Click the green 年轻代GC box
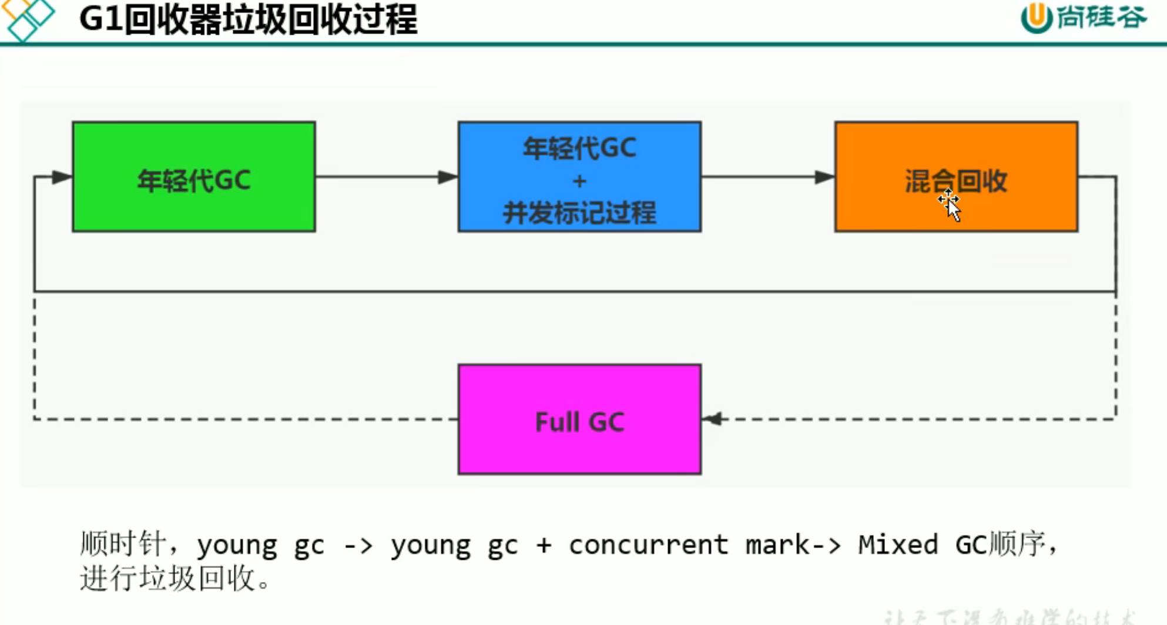(194, 177)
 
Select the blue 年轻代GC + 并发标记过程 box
(579, 177)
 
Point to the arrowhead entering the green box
(61, 177)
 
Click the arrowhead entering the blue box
(447, 177)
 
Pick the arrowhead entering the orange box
(824, 177)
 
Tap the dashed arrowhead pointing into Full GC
(712, 419)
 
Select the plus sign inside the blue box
(579, 181)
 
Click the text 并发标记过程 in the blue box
(579, 213)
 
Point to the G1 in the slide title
(100, 19)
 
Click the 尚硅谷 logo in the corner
(1084, 18)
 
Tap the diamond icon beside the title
(28, 19)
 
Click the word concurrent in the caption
(648, 545)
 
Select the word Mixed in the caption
(897, 545)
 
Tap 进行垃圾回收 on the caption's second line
(168, 579)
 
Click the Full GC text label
(579, 422)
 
